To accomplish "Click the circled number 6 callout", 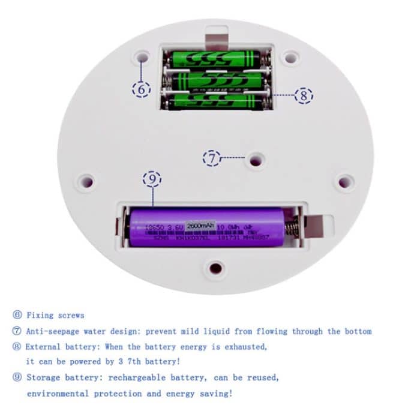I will [141, 89].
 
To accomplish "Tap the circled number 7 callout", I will [212, 158].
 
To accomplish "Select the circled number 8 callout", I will [304, 95].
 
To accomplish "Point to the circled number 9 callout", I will [152, 179].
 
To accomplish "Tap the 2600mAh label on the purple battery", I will [200, 226].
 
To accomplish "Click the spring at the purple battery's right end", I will [290, 228].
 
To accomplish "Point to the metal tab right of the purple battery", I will [318, 225].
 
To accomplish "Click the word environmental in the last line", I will [58, 394].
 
